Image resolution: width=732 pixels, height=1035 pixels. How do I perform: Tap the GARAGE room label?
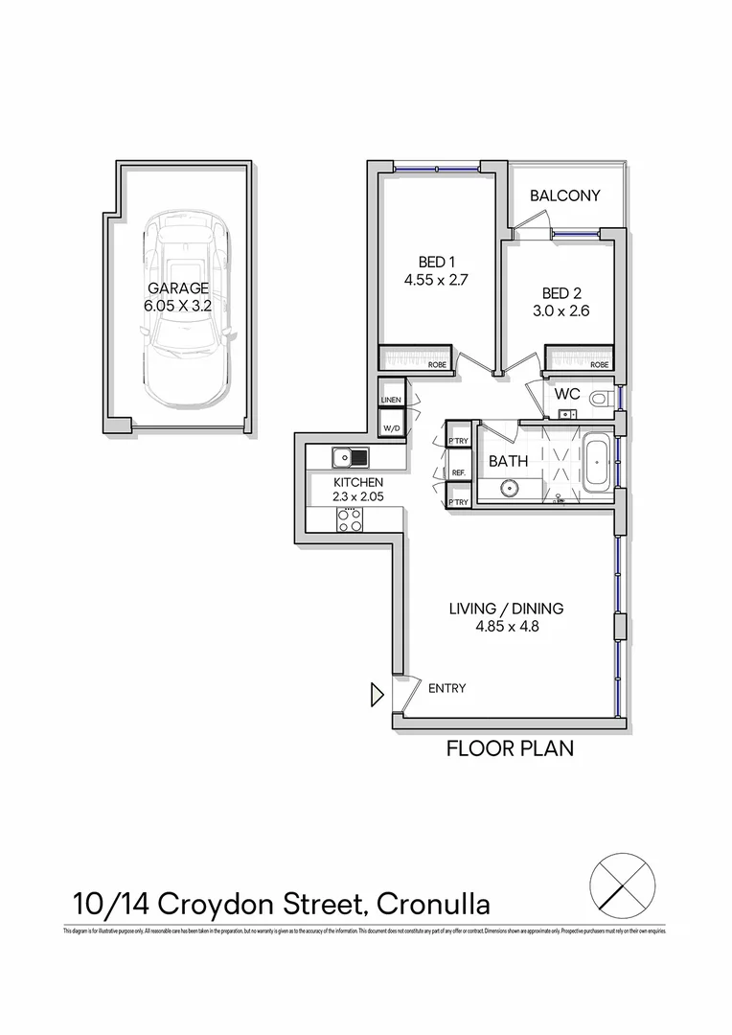tap(178, 288)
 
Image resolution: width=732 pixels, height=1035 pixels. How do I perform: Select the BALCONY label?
tap(565, 195)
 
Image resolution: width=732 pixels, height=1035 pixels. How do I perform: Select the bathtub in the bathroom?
tap(597, 462)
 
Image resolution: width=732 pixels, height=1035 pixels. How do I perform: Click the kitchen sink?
tap(351, 456)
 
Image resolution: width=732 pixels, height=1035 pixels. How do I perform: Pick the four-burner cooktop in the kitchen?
tap(349, 519)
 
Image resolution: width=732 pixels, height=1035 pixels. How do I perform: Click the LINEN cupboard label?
tap(391, 400)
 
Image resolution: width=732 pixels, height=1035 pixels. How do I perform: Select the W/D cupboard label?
tap(391, 427)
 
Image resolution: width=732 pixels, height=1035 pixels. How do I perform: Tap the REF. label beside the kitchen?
tap(459, 472)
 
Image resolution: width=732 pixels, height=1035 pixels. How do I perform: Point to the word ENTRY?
tap(448, 688)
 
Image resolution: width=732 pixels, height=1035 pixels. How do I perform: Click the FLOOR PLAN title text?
tap(510, 748)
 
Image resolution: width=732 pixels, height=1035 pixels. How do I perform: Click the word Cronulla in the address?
tap(434, 904)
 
